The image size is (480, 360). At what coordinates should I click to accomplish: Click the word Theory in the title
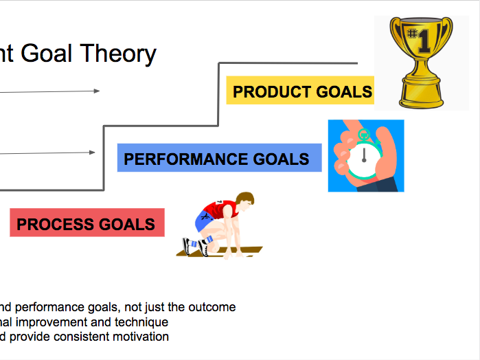118,54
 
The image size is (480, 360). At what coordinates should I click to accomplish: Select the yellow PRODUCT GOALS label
300,91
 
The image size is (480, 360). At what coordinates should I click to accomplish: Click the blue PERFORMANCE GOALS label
219,158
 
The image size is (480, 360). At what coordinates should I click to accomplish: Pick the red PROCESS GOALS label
87,223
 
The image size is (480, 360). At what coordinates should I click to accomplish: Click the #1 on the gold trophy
419,40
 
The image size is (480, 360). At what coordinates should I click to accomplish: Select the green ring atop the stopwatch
364,134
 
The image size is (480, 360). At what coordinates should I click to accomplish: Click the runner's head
246,201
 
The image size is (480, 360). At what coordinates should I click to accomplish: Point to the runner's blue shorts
204,221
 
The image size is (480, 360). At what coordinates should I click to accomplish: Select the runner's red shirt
221,210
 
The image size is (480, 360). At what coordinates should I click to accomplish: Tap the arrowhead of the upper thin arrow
96,91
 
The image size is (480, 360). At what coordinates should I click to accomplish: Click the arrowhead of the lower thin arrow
92,153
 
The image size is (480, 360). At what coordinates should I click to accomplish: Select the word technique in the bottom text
141,322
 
